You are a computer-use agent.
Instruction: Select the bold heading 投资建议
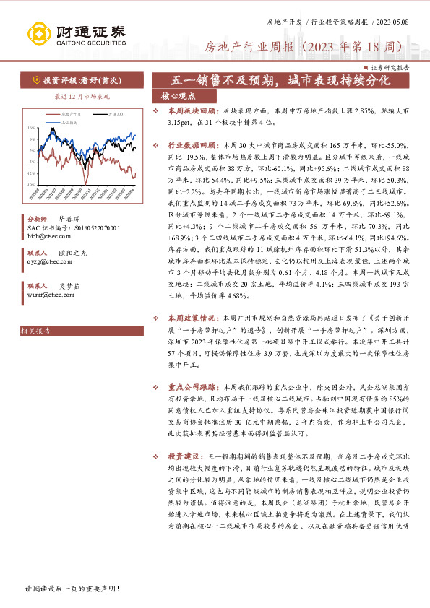[185, 457]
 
